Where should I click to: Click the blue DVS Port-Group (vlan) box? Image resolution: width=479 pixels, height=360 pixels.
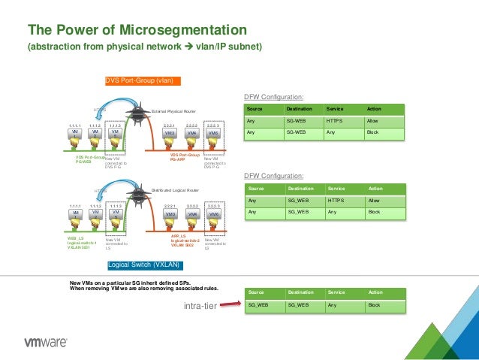[143, 80]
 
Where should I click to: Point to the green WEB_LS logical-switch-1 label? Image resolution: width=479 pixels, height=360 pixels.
[82, 242]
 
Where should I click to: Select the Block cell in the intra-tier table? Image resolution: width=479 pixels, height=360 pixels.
[375, 305]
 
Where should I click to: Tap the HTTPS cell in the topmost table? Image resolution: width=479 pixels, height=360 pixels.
[334, 120]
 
